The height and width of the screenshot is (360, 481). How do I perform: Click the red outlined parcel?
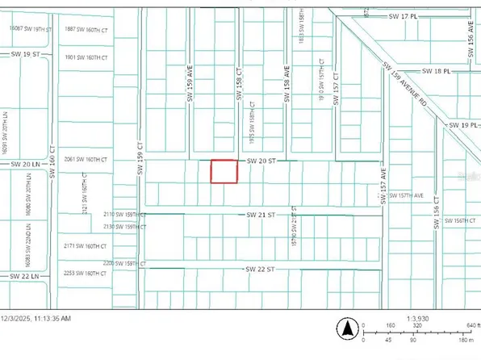coord(224,171)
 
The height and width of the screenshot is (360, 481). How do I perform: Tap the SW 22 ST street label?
coord(261,268)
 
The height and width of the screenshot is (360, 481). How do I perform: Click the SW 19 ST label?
coord(26,54)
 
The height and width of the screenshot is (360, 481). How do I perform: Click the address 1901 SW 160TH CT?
coord(86,57)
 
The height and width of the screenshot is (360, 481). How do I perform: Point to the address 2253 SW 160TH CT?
coord(86,274)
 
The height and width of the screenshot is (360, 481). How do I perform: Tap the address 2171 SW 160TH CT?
coord(86,245)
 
